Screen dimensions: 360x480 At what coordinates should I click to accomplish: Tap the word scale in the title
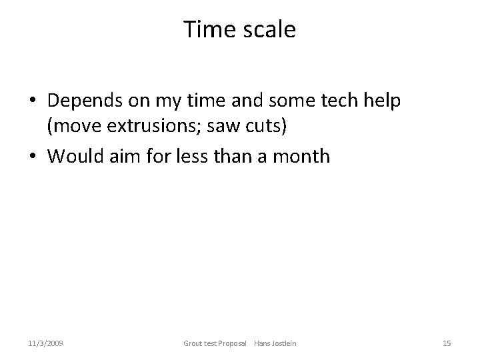pyautogui.click(x=269, y=29)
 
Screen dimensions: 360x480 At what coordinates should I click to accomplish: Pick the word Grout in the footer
pyautogui.click(x=193, y=343)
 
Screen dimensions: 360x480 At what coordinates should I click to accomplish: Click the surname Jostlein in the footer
pyautogui.click(x=283, y=343)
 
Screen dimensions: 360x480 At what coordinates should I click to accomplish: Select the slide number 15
pyautogui.click(x=447, y=343)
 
